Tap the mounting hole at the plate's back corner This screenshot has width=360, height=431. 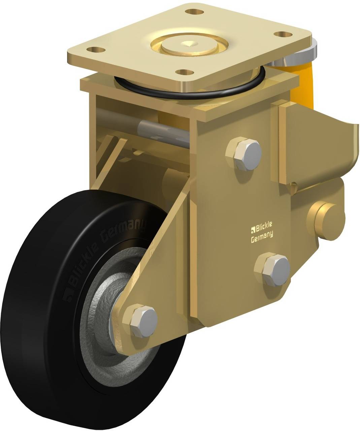(195, 11)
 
